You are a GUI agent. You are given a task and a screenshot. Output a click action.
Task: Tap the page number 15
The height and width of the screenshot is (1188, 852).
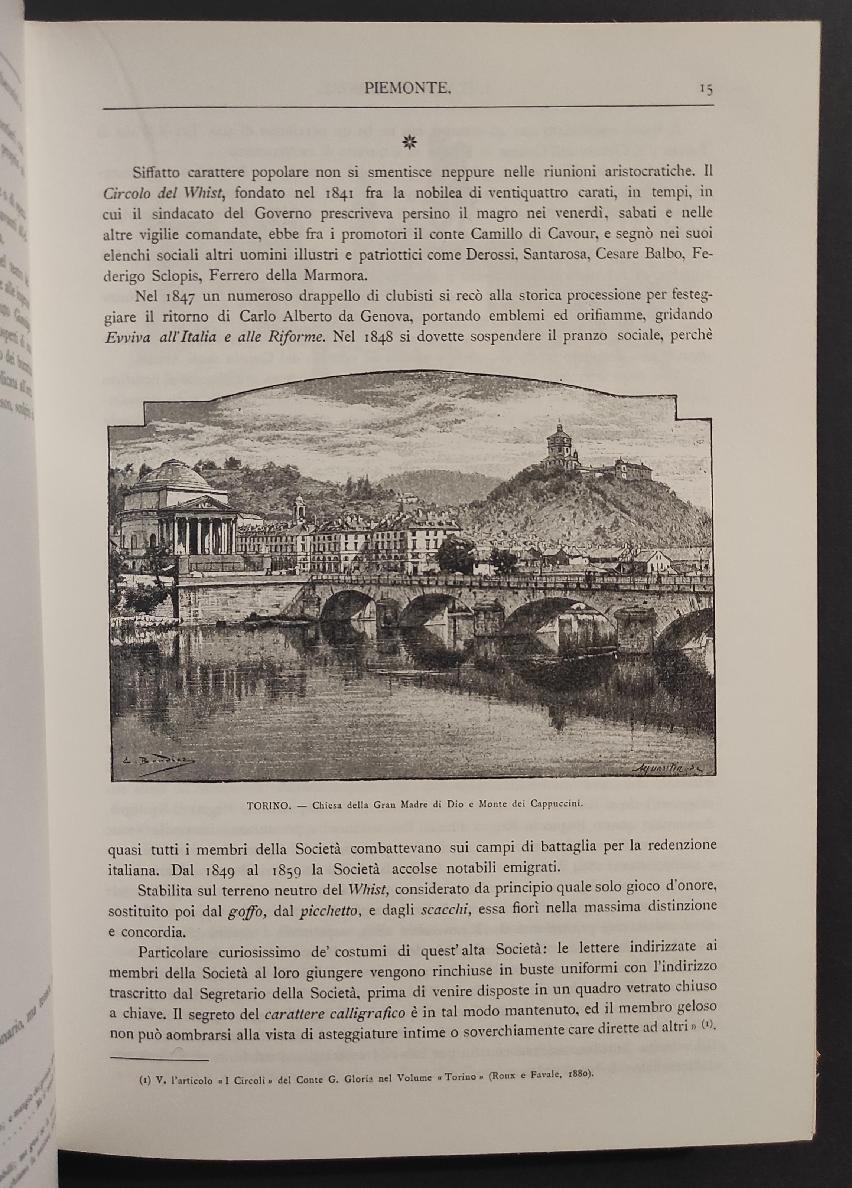tap(706, 89)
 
